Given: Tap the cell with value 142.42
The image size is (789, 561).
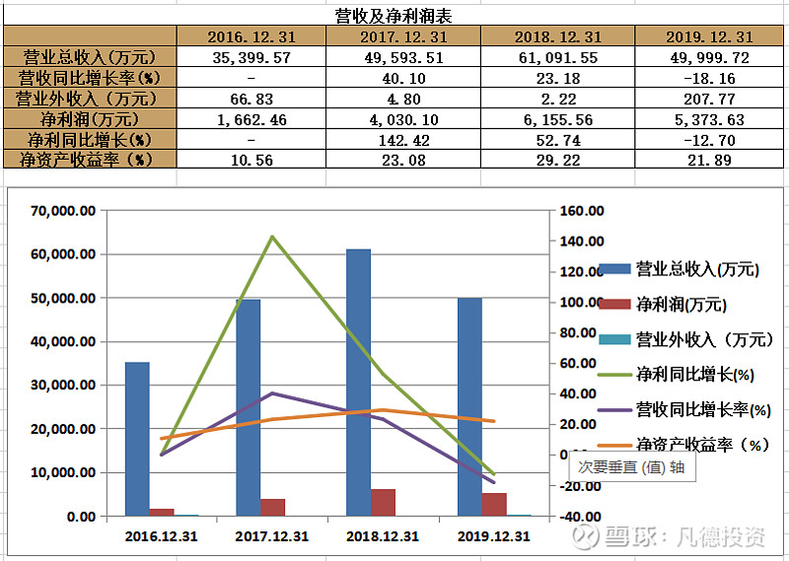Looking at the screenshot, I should click(404, 139).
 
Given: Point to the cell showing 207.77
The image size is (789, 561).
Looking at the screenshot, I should click(709, 99).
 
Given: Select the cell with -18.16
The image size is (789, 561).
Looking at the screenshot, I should click(709, 78).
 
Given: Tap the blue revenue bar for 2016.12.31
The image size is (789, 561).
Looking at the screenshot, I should click(137, 438).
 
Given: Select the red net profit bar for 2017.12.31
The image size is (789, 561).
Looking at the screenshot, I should click(272, 507).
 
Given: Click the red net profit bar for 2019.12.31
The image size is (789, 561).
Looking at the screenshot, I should click(494, 504).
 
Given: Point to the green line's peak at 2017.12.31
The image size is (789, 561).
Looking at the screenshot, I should click(271, 237).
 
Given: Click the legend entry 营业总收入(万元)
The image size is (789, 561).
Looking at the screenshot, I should click(696, 269).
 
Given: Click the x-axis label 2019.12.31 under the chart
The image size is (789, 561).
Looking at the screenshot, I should click(493, 537).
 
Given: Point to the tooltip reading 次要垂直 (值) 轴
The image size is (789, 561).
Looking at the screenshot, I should click(630, 468).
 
